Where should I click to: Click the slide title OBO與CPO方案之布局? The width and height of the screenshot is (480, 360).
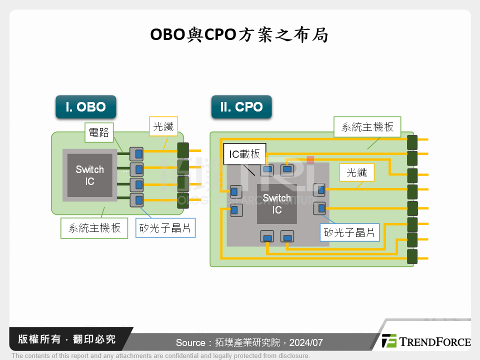coord(239,35)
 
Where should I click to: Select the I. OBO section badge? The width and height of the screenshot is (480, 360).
coord(86,107)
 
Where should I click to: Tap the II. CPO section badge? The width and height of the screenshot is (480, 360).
coord(241,107)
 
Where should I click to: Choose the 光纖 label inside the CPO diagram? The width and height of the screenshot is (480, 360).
coord(357,172)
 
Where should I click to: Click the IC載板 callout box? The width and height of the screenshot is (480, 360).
coord(244,154)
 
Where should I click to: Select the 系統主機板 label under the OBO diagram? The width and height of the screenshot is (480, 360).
coord(94,228)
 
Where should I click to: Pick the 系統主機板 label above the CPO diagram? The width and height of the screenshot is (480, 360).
coord(367,126)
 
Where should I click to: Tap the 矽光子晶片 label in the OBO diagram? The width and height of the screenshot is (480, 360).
coord(165,228)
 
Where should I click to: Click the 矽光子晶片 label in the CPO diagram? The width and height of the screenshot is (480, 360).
coord(349,232)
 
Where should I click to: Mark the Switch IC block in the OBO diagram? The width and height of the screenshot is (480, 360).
coord(89,175)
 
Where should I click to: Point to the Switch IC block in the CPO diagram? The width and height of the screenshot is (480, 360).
coord(276,204)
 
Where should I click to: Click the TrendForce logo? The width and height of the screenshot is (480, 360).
coord(426,341)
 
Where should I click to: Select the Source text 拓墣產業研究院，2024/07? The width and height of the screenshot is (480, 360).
coord(249,343)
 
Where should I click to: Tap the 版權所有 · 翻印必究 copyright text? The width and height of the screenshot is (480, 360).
coord(66,339)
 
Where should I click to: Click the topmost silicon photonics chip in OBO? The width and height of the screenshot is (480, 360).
coord(136,151)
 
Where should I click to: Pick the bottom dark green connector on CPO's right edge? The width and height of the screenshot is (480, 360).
coord(412,257)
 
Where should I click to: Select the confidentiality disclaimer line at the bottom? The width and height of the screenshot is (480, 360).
coord(160,356)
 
